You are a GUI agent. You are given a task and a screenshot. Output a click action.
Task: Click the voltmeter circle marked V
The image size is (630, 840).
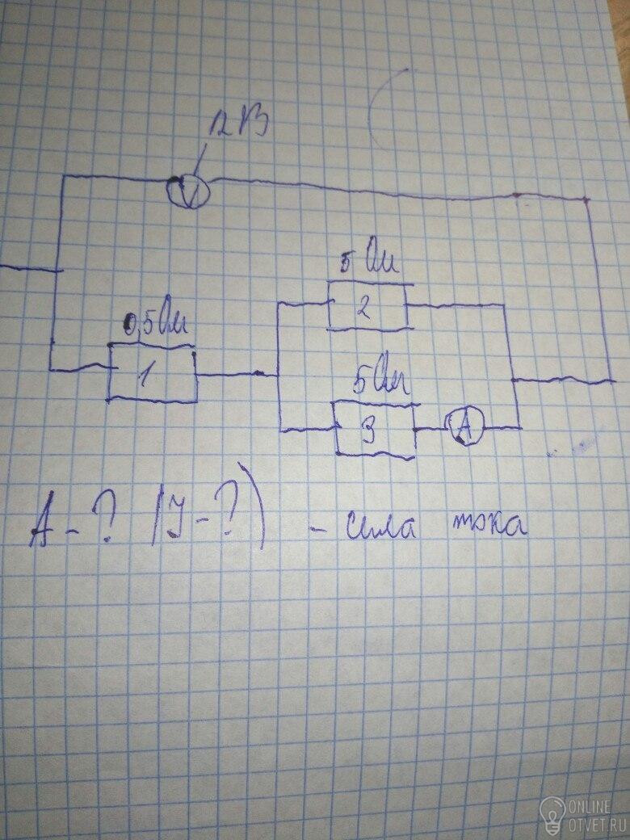coord(187,191)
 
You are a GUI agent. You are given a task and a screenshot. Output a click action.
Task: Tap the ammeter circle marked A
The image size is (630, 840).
coord(464,426)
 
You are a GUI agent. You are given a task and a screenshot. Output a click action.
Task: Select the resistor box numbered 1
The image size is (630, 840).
coord(153,374)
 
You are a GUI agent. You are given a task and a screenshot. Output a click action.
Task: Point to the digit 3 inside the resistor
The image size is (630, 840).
coord(367,432)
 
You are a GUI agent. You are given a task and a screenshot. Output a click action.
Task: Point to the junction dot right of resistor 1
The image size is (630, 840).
coord(258,373)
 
